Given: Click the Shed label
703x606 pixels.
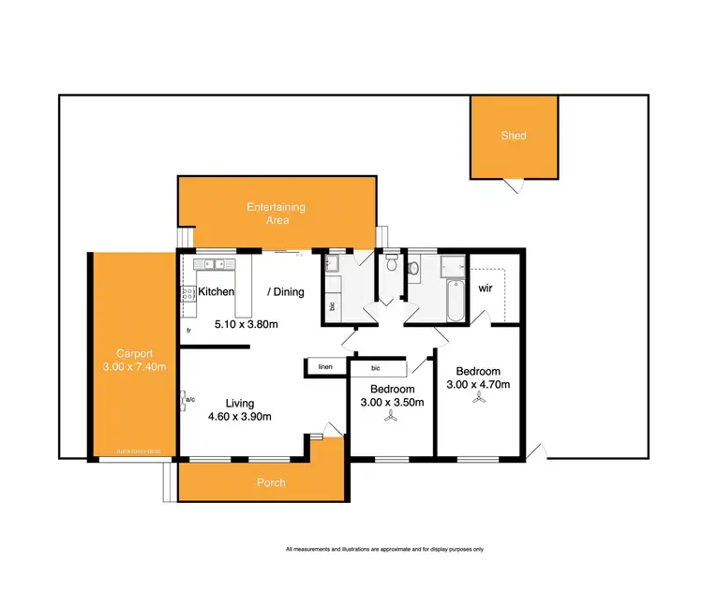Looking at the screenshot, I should click(513, 136).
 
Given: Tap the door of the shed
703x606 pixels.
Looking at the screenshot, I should click(511, 185).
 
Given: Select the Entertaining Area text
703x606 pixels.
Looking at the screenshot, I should click(276, 214).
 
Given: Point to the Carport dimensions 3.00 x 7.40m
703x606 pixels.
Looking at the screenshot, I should click(134, 366).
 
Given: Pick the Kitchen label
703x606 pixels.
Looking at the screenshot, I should click(216, 292).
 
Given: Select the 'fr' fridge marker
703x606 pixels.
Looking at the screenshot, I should click(188, 331).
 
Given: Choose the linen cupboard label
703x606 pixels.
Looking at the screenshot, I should click(325, 367).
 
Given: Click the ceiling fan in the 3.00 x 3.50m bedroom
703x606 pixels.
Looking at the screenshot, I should click(389, 419).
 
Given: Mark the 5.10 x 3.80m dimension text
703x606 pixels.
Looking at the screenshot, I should click(247, 325).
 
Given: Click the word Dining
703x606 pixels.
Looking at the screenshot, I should click(287, 292).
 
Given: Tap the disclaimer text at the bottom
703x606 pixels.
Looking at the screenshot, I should click(383, 550).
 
